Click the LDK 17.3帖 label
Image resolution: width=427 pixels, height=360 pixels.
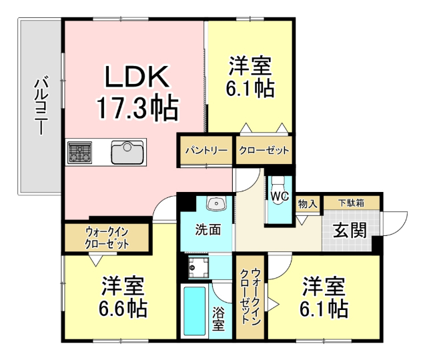click(137, 91)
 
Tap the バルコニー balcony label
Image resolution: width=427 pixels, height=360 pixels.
click(40, 107)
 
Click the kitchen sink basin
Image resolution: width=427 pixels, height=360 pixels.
click(127, 153)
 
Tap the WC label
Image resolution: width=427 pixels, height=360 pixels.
click(279, 197)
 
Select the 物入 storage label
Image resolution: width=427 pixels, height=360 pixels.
click(307, 203)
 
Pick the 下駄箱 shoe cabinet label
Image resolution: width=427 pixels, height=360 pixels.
click(350, 203)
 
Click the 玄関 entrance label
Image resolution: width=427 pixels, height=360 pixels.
click(350, 231)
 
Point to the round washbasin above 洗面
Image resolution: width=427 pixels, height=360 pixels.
click(216, 204)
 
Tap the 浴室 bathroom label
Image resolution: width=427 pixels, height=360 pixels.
click(218, 320)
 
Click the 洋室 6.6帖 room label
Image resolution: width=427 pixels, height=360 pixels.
click(124, 297)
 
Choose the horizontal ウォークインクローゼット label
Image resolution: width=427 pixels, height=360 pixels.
click(107, 237)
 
